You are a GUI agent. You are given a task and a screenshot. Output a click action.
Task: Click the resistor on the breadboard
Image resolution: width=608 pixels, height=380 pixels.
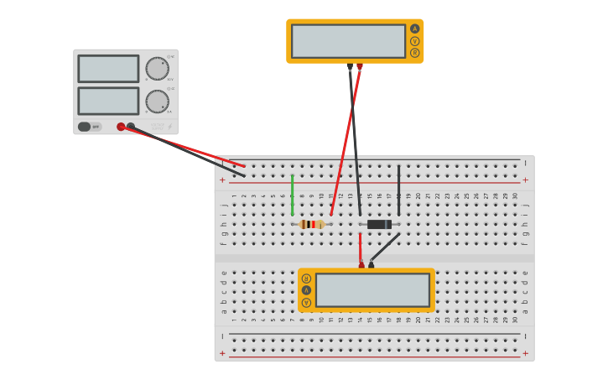click(x=311, y=224)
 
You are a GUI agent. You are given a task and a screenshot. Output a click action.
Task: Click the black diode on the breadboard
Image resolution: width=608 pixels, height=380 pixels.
click(x=379, y=224)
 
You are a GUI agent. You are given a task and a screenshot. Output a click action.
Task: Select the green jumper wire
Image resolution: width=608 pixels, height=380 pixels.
click(x=292, y=195)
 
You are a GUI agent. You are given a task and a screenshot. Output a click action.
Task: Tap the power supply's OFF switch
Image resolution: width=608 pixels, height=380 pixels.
click(x=85, y=127)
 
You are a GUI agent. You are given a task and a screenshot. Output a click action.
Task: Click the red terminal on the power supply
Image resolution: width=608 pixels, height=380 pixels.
click(x=121, y=127)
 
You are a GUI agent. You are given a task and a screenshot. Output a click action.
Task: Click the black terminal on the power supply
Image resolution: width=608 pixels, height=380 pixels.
click(x=131, y=127)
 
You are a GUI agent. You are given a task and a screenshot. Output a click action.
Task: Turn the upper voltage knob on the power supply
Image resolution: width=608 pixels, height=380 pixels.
click(x=157, y=69)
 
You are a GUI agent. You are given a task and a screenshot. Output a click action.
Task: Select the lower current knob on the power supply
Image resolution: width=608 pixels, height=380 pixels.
click(x=157, y=102)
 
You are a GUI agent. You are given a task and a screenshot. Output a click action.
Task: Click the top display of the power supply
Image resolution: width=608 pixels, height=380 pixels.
click(x=108, y=69)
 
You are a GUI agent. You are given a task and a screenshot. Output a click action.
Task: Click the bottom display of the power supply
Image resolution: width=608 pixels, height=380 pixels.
click(x=108, y=101)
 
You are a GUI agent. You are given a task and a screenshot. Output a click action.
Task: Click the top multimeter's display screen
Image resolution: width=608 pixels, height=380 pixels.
click(x=348, y=41)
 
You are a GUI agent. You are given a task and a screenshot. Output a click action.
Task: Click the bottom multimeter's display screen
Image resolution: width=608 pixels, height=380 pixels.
click(x=372, y=290)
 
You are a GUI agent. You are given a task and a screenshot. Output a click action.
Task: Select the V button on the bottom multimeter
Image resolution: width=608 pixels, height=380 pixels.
click(x=306, y=302)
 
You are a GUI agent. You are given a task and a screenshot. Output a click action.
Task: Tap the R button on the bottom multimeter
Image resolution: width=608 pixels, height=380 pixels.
click(x=306, y=278)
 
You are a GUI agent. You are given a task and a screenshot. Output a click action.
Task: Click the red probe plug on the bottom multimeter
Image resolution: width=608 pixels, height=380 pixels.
click(x=361, y=265)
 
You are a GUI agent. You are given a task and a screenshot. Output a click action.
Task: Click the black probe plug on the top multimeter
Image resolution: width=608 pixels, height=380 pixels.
click(x=350, y=66)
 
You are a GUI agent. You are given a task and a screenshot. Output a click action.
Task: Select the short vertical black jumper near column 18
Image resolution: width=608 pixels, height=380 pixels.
click(x=398, y=190)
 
